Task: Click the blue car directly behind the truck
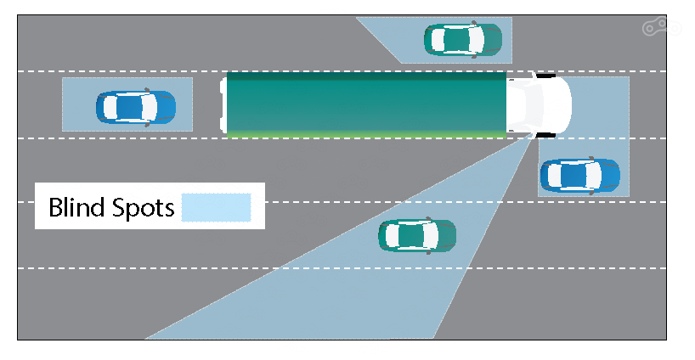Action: (x=136, y=106)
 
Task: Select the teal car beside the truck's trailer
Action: (x=462, y=39)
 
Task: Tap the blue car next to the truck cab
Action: (x=579, y=175)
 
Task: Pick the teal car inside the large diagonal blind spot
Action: (x=416, y=235)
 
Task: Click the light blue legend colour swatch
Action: (x=217, y=207)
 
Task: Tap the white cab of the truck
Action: (x=539, y=104)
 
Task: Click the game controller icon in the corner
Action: (x=655, y=28)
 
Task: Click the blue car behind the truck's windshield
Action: (x=136, y=106)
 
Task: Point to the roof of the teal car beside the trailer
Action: (x=459, y=39)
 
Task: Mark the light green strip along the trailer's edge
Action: (x=365, y=133)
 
